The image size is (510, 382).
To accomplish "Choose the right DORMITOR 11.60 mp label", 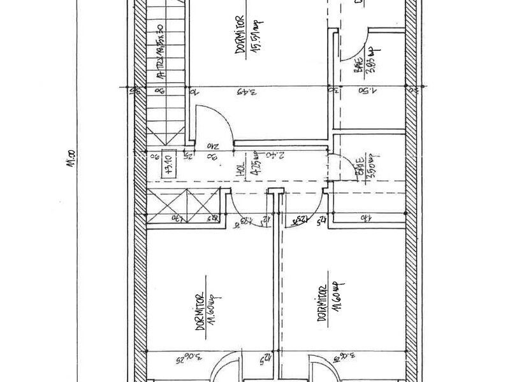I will (322, 303).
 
